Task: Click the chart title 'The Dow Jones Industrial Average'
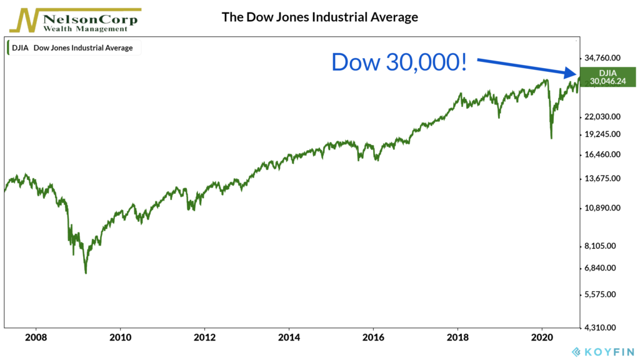(x=319, y=17)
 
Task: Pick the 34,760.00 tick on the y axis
(x=602, y=58)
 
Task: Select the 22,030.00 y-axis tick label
(x=602, y=117)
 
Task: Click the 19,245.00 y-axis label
(x=602, y=134)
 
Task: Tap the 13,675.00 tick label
(x=602, y=179)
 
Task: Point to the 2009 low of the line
(x=86, y=273)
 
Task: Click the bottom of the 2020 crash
(x=551, y=138)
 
